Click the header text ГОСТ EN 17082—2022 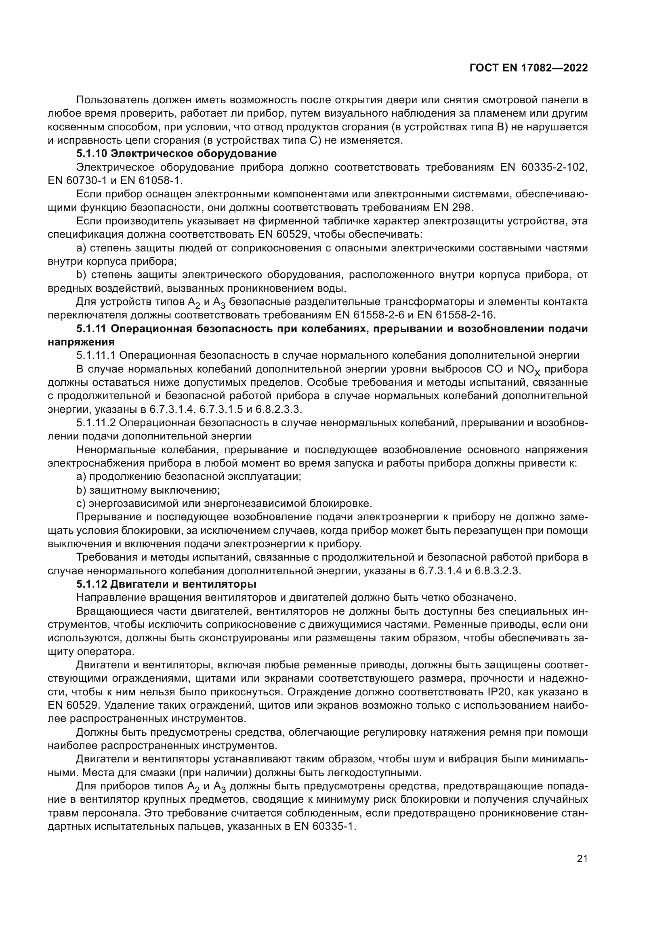point(528,68)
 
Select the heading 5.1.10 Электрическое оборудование point(176,154)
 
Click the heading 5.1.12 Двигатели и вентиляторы point(166,584)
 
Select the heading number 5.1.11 point(92,329)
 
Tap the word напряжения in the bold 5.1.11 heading point(81,342)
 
